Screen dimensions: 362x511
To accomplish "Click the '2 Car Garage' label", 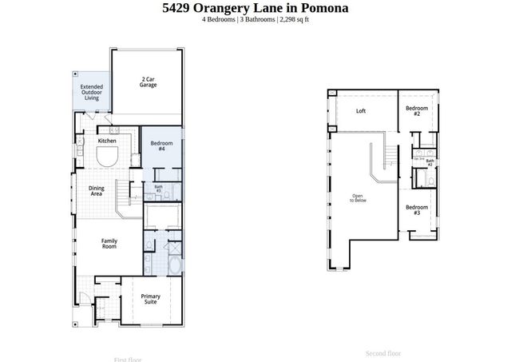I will point(148,82).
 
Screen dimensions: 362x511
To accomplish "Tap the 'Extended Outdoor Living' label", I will point(92,92).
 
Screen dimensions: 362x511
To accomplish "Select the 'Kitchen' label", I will point(107,141).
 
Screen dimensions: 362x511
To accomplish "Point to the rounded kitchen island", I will point(107,157).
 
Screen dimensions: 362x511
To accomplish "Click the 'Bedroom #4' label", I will point(161,145).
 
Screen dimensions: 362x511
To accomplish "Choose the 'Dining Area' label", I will point(96,190).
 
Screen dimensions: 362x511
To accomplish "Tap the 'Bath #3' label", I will point(158,189).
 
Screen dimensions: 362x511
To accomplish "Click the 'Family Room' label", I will point(109,243).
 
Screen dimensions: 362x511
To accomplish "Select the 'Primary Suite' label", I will point(151,299).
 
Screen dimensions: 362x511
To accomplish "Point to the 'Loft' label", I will point(361,111).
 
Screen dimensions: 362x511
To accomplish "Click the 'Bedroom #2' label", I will point(417,111).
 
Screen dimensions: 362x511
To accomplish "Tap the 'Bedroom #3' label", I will point(417,210).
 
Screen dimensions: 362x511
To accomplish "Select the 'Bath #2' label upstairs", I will point(430,162).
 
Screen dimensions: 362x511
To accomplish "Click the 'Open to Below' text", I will point(357,199).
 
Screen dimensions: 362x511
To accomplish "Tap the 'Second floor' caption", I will point(383,352).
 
